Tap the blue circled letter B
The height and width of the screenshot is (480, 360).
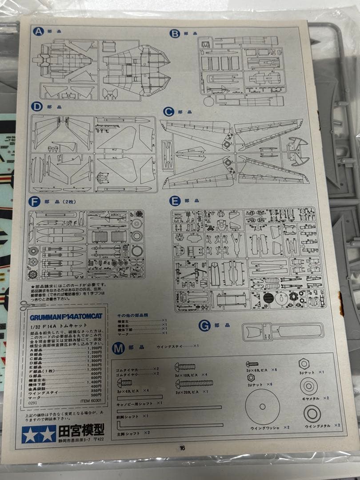coord(175,34)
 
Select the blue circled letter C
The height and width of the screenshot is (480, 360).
coord(168,112)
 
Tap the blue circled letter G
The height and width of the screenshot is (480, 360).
coord(204,325)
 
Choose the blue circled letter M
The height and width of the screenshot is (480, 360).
coord(118,348)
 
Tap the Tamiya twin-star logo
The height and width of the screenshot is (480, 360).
coord(39,434)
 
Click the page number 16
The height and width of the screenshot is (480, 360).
coord(182,448)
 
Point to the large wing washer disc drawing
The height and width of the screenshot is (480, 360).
coord(262,406)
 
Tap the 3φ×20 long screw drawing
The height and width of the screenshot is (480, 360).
coord(194,383)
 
